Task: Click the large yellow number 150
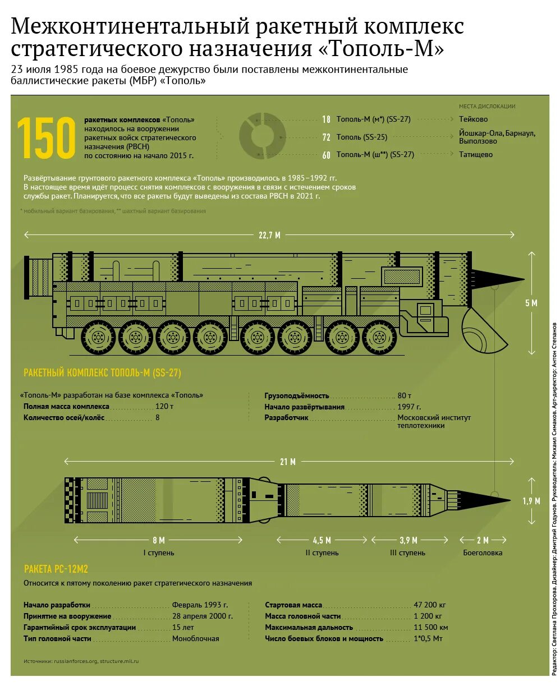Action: tap(46, 138)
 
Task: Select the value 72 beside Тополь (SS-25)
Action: tap(326, 137)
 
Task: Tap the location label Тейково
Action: tap(473, 119)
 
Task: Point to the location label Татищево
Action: tap(476, 154)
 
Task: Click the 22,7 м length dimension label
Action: tap(269, 235)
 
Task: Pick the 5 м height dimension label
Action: tap(531, 303)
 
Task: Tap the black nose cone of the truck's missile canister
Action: tap(497, 278)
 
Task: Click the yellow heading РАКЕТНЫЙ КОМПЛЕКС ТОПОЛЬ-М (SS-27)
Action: tap(102, 373)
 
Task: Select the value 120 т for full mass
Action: tap(164, 406)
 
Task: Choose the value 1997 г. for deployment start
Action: tap(409, 407)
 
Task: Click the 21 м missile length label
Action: tap(288, 462)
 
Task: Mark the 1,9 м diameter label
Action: tap(531, 501)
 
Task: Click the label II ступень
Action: tap(322, 553)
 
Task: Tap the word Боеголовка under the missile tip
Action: tap(483, 553)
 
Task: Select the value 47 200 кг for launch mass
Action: tap(429, 605)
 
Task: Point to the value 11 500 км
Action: tap(430, 627)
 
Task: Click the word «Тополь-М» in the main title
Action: tap(382, 48)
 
